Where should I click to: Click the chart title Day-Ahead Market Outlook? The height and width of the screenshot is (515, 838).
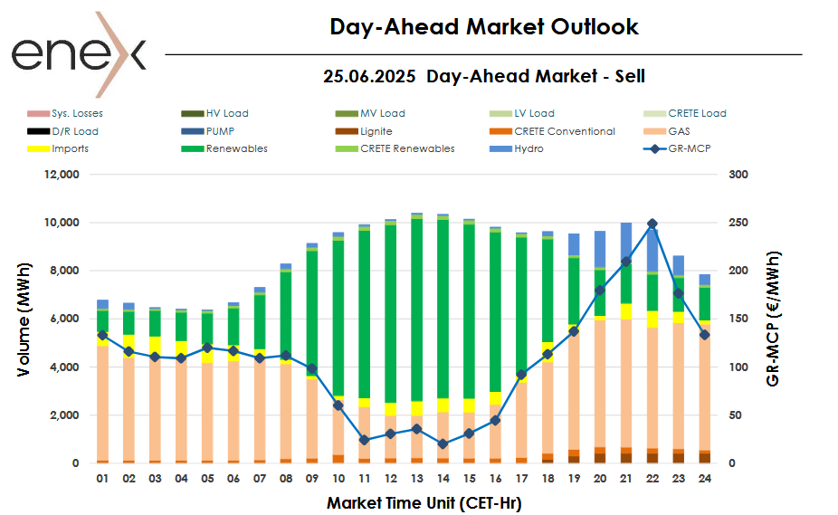[483, 27]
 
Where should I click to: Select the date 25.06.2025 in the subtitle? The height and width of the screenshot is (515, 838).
[370, 76]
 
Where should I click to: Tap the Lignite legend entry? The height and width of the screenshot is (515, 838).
[376, 131]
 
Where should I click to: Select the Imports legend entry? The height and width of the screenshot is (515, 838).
[70, 148]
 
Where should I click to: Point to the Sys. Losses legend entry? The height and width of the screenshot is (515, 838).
[77, 114]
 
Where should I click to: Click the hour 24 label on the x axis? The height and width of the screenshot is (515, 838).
[704, 478]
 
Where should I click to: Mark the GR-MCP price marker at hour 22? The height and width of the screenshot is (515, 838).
[652, 224]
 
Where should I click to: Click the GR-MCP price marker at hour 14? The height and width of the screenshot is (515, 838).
[443, 443]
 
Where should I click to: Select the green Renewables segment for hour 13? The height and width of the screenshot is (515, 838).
[416, 308]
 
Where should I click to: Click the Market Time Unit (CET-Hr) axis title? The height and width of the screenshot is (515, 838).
[424, 501]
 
